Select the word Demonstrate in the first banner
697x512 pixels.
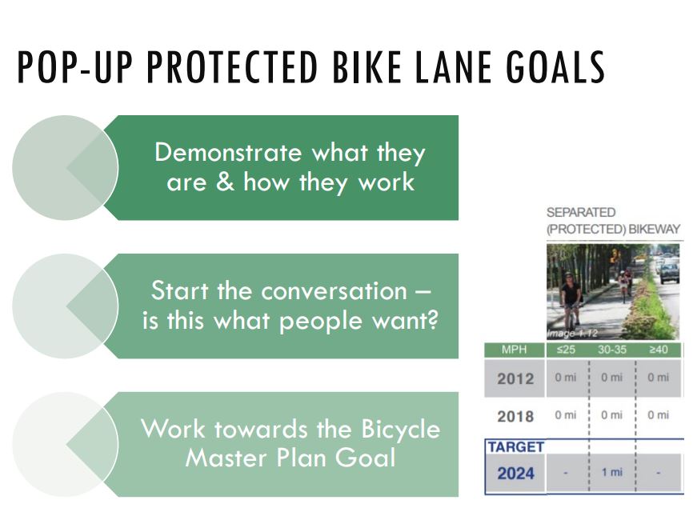point(228,153)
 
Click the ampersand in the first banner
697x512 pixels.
point(225,182)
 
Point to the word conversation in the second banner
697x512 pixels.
point(334,291)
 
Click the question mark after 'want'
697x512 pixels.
point(432,319)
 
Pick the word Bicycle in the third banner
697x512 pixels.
point(400,430)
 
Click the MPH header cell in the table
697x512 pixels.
point(515,350)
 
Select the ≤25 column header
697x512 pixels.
point(566,350)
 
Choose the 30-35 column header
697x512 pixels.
point(612,350)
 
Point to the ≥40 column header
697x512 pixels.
point(659,350)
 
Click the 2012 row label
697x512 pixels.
point(515,378)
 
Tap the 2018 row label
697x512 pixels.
point(515,417)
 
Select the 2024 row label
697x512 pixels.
point(515,474)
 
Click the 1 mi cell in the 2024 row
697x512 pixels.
point(612,472)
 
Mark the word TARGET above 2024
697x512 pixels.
point(516,446)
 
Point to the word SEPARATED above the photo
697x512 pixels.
point(581,213)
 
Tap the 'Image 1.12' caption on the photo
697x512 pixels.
point(572,334)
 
